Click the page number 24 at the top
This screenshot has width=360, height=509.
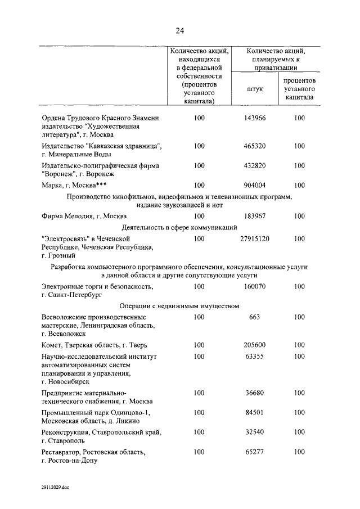point(179,30)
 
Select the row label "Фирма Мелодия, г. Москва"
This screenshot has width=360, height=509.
point(84,216)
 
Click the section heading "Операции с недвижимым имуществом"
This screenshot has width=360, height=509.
point(179,307)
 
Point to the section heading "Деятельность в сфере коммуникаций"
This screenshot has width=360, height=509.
point(179,227)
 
